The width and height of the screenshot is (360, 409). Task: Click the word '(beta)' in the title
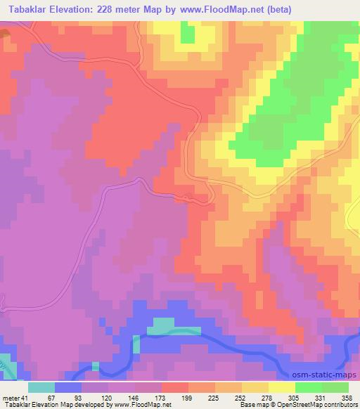point(270,8)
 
